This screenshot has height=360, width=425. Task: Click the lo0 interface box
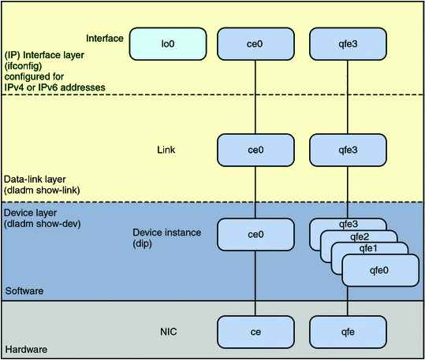coord(168,44)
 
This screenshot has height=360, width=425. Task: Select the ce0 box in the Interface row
coord(255,44)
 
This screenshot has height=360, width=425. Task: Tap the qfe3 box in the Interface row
coord(348,44)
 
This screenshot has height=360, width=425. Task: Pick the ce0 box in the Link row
coord(255,150)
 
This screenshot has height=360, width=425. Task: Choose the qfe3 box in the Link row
coord(348,150)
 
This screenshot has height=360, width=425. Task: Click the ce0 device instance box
coord(255,235)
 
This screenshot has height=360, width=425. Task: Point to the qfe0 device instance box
coord(381,270)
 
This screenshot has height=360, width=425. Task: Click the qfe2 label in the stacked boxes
coord(360,237)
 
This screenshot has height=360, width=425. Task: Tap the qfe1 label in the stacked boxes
coord(368,248)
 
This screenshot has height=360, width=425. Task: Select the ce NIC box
coord(255,332)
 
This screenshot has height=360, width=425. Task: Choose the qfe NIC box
coord(348,332)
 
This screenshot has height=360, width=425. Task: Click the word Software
coord(24,291)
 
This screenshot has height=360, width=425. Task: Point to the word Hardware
coord(26,350)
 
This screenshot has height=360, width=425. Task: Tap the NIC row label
coord(168,332)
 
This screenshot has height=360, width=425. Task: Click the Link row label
coord(166,150)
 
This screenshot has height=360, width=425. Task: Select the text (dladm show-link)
coord(42,190)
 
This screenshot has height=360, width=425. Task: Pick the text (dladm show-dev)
coord(43,224)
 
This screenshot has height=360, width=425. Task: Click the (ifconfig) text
coord(24,66)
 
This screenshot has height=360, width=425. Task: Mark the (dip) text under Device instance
coord(142,243)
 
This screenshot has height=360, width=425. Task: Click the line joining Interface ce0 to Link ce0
coord(255,97)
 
